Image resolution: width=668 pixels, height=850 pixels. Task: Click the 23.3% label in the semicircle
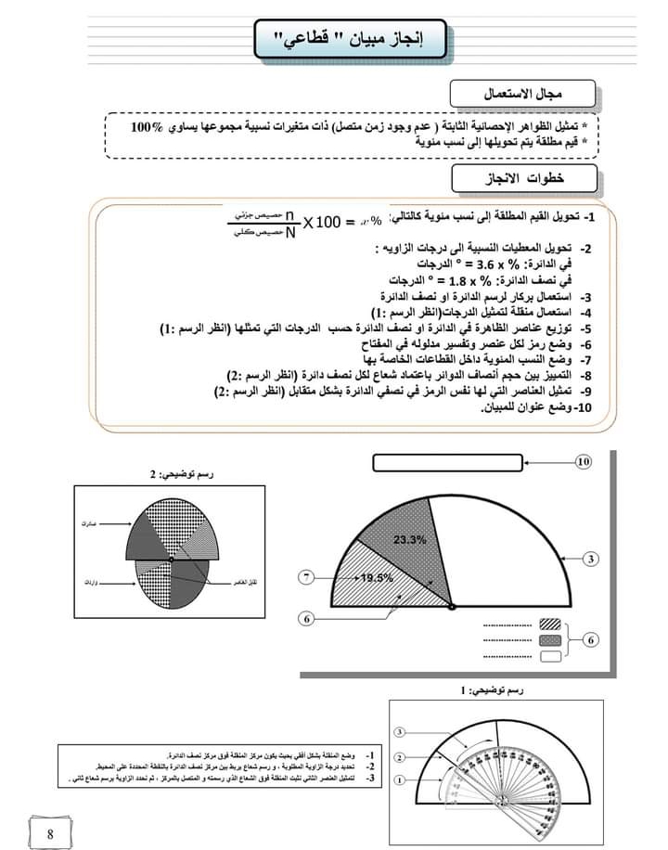click(x=409, y=539)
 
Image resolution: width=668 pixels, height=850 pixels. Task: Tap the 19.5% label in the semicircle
click(x=376, y=577)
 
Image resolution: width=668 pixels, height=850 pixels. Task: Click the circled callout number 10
click(x=583, y=461)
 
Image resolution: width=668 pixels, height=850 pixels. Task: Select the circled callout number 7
click(x=308, y=577)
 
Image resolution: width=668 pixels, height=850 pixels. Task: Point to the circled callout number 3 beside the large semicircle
click(x=591, y=559)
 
